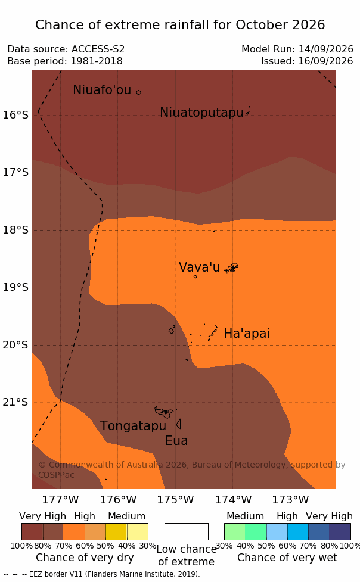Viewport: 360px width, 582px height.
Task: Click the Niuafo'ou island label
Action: point(102,90)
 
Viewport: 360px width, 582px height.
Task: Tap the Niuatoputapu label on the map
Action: point(201,113)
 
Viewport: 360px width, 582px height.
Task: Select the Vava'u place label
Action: point(199,267)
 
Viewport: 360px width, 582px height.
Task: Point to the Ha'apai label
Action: point(247,334)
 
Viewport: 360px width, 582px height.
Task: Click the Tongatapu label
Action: point(133,426)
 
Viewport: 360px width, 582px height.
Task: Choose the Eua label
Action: point(176,441)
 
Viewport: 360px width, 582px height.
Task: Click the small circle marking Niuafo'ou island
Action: point(138,92)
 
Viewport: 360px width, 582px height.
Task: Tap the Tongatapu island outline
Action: point(164,412)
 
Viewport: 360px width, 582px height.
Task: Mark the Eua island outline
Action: point(179,424)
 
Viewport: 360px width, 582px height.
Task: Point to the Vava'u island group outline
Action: point(231,268)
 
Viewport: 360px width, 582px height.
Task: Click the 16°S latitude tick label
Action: point(15,115)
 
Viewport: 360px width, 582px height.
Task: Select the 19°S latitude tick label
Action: point(15,288)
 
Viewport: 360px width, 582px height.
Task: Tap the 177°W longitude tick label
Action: point(60,500)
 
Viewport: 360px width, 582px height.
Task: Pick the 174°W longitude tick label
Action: point(233,500)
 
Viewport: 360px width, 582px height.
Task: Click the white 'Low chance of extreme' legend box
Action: point(187,531)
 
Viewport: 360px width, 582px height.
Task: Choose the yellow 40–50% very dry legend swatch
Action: point(116,531)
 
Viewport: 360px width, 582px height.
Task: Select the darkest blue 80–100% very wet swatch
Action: point(340,531)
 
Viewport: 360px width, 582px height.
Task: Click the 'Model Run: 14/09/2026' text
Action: point(297,49)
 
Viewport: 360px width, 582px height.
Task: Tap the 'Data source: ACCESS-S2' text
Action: point(66,49)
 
